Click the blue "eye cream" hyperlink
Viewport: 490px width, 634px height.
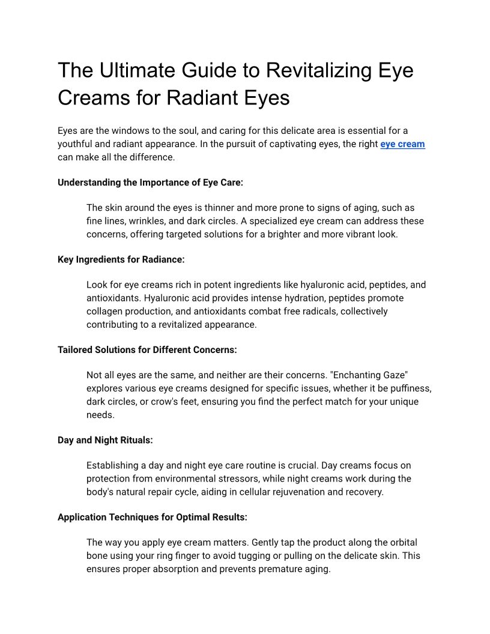tap(402, 144)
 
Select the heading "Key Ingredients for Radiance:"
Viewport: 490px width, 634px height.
tap(121, 259)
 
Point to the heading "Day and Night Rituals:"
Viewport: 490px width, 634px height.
tap(105, 440)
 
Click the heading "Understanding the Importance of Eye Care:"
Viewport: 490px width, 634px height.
tap(150, 183)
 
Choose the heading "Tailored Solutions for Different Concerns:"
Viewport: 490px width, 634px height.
tap(147, 349)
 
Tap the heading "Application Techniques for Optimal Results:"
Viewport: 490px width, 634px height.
tap(153, 517)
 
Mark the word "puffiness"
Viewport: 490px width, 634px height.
tap(410, 388)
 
